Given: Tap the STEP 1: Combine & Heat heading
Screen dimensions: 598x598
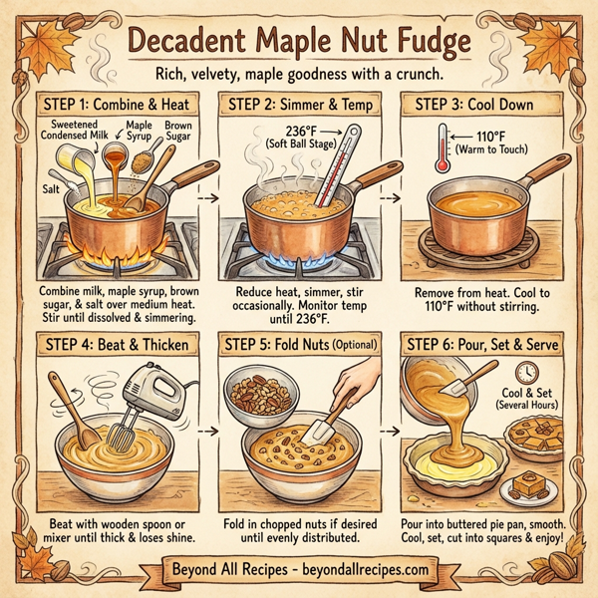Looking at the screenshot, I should click(113, 104).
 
